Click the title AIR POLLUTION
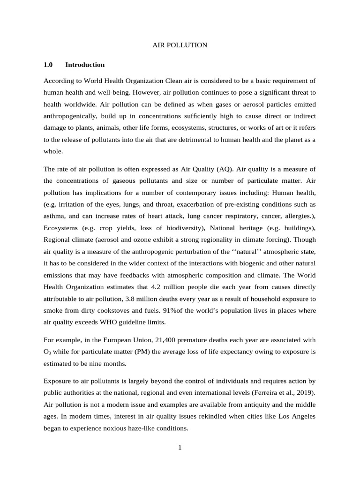click(x=180, y=45)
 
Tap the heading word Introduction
click(x=85, y=65)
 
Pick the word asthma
click(x=54, y=216)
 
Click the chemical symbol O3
click(x=48, y=352)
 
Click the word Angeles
click(x=300, y=416)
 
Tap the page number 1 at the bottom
click(x=180, y=448)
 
